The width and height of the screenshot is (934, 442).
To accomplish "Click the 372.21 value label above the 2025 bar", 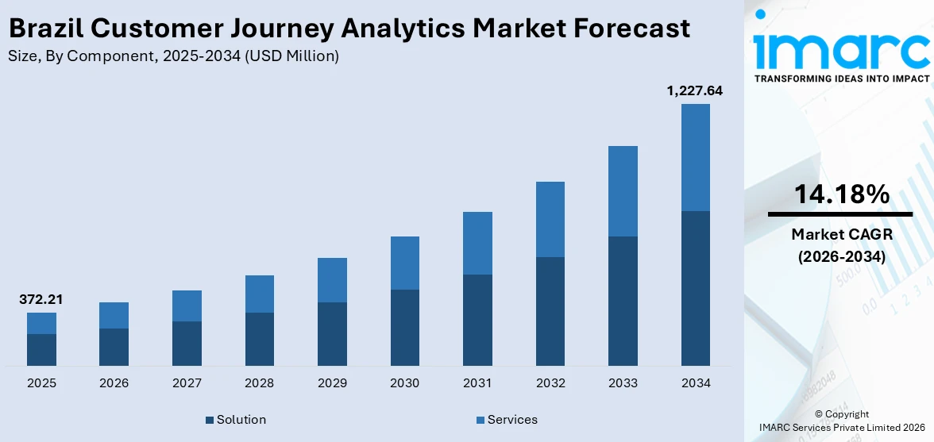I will coord(41,300).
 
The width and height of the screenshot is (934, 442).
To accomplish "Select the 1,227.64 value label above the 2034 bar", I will coord(695,91).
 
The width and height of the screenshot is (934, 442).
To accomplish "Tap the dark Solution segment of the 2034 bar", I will coord(695,288).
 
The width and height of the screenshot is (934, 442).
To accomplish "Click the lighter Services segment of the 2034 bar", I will coord(695,157).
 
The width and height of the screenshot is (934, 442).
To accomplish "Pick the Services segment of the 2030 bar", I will coord(404,263).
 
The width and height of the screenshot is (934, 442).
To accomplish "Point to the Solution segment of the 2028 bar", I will coord(259,339).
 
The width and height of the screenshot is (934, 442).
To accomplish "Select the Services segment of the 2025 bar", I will coord(41,323).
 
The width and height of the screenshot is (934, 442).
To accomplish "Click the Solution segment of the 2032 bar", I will coord(550,311).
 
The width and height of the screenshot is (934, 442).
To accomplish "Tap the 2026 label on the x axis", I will coord(114,383).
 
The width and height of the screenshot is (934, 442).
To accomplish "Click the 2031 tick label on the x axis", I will coord(477,383).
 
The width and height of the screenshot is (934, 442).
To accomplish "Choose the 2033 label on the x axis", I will coord(623,383).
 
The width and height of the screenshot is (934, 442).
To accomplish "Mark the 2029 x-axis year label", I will coord(332,383).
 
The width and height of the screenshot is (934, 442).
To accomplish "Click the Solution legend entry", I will coord(236,420).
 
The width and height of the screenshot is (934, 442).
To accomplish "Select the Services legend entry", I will coord(507,420).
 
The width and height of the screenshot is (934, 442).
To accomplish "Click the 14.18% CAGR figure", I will coord(841,194).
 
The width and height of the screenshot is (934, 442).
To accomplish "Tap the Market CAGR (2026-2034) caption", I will coord(841,245).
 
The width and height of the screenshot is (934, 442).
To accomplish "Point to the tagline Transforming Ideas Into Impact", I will coord(841,79).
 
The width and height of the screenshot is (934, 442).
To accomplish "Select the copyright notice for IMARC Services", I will coord(841,421).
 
